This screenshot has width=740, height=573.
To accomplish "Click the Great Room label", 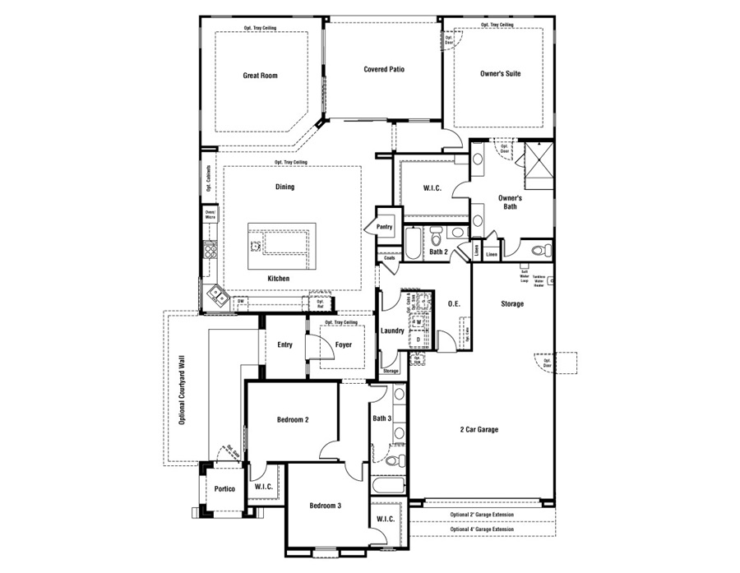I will [260, 76].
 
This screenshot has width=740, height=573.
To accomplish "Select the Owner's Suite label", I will [500, 74].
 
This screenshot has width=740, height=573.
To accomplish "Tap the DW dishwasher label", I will [241, 303].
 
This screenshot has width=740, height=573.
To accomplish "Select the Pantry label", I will [384, 227].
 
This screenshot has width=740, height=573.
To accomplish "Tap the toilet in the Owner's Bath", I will [539, 250].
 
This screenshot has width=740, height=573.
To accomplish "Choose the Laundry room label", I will [392, 331].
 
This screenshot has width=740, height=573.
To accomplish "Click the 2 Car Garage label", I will [479, 429].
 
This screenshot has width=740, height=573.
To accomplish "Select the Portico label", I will [224, 489].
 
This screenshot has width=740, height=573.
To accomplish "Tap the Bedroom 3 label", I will [326, 505].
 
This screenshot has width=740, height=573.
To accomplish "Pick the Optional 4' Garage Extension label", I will [482, 529].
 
